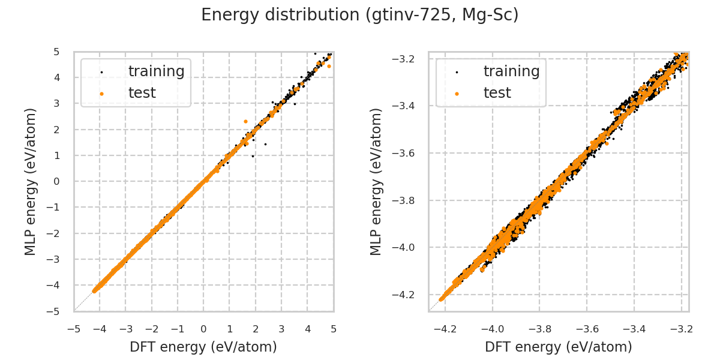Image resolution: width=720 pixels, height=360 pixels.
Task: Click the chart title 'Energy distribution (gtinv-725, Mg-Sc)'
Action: [x=359, y=15]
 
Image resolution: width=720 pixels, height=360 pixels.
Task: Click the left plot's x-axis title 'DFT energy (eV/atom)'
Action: [x=203, y=347]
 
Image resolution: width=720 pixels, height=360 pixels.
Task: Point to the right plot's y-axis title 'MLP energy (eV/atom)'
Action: [x=376, y=181]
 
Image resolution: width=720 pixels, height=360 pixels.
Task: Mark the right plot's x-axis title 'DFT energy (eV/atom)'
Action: [x=559, y=347]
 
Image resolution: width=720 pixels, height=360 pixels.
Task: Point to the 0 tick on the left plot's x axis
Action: [x=203, y=329]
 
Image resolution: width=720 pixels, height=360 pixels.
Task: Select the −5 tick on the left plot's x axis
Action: [x=74, y=329]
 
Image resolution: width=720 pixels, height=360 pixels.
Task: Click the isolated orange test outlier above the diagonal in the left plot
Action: [x=245, y=121]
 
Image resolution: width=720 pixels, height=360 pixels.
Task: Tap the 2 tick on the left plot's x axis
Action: [x=256, y=329]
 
